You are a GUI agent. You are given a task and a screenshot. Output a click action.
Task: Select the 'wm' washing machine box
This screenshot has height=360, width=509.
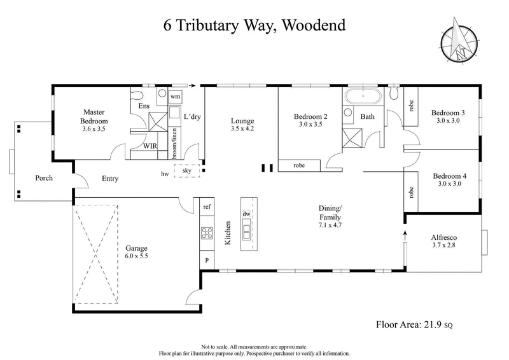click(176, 96)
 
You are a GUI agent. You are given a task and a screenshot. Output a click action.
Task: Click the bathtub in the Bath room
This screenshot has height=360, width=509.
click(363, 97)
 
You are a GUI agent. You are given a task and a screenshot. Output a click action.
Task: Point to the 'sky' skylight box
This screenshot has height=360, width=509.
click(187, 170)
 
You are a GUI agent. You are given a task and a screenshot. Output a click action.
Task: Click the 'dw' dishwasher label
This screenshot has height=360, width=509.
click(246, 214)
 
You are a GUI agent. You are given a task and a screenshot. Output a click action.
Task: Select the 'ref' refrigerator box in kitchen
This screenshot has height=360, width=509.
click(207, 207)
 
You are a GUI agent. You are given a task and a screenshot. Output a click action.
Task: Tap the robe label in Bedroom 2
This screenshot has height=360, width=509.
click(299, 165)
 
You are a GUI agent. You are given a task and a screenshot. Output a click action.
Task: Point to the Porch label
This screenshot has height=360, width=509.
click(43, 177)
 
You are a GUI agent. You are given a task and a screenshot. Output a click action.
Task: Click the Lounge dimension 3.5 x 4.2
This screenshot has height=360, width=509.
click(242, 128)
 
